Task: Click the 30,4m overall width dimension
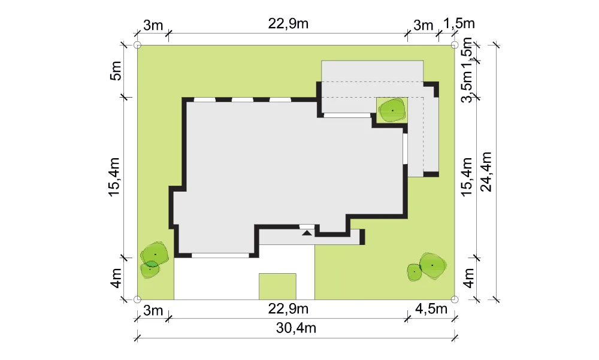tap(296, 328)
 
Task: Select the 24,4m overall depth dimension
tap(486, 171)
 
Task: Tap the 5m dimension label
tap(116, 71)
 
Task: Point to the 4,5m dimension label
tap(431, 308)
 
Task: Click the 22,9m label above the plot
tap(288, 24)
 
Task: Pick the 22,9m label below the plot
tap(288, 308)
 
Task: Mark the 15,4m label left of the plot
tap(114, 177)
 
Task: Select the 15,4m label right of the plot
tap(467, 177)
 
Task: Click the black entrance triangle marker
tap(307, 232)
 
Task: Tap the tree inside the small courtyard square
tap(392, 110)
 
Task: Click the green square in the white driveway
tap(277, 286)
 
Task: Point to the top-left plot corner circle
tap(138, 45)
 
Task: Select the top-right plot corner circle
tap(454, 45)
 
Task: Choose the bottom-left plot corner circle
tap(138, 300)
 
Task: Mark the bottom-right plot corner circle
tap(454, 300)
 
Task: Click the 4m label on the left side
tap(116, 278)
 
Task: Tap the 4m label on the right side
tap(468, 278)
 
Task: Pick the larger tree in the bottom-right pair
tap(433, 265)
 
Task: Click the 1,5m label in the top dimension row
tap(459, 24)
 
